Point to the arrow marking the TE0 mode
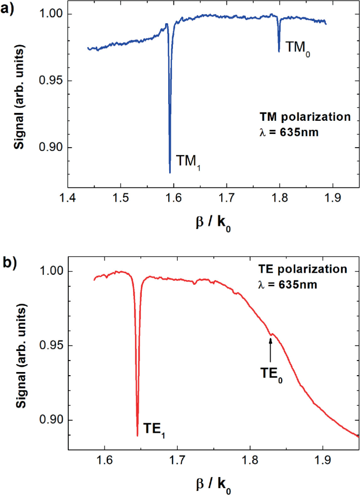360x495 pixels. [x=271, y=349]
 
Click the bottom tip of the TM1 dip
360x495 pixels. [x=170, y=172]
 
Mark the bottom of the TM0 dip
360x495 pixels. [x=279, y=51]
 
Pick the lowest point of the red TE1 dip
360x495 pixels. [x=137, y=436]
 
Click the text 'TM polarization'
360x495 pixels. [x=304, y=117]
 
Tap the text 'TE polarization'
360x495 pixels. [x=303, y=269]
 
